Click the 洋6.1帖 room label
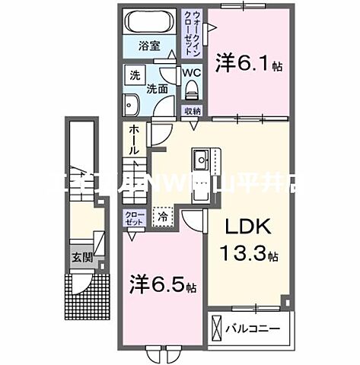250,63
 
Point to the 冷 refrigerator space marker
163,217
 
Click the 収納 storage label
191,111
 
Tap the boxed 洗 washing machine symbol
135,75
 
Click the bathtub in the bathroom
150,21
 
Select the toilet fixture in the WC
191,94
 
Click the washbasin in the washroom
129,103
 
